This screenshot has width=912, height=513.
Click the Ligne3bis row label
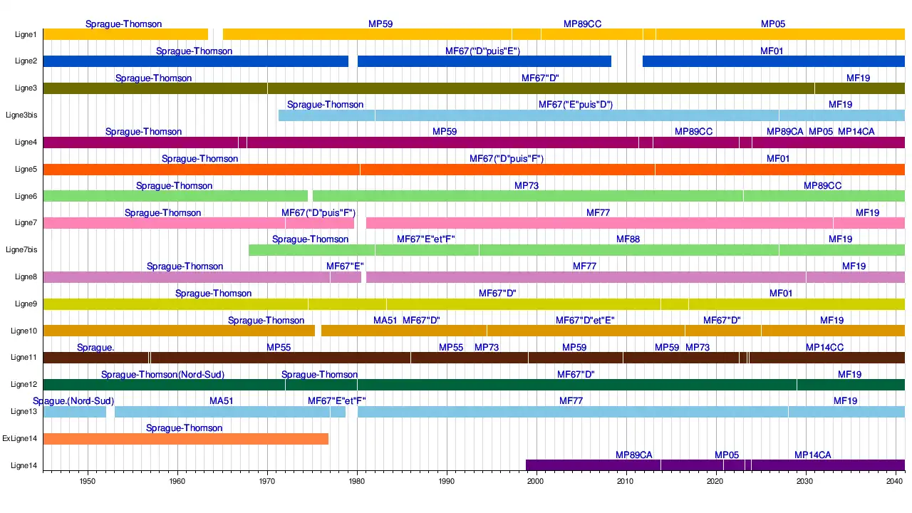tap(21, 115)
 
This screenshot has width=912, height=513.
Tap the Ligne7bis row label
tap(21, 250)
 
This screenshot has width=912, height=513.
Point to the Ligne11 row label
tap(24, 358)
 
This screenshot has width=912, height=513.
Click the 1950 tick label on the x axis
tap(88, 482)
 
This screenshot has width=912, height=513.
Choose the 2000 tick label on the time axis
tap(536, 482)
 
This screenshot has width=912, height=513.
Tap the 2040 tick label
tap(895, 482)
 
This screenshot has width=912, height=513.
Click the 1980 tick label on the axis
tap(357, 482)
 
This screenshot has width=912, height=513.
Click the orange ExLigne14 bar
tap(185, 439)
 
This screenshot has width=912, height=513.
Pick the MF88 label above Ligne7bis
tap(628, 239)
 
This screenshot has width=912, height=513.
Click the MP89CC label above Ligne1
tap(582, 24)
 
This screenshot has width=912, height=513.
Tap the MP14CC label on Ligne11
tap(824, 348)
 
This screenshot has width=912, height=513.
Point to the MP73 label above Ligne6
tap(527, 186)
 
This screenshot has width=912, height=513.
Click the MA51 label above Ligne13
tap(221, 401)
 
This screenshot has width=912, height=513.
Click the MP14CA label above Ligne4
tap(856, 132)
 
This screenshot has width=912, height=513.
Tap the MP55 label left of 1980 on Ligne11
tap(279, 348)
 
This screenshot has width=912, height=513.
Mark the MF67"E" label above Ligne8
tap(345, 266)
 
